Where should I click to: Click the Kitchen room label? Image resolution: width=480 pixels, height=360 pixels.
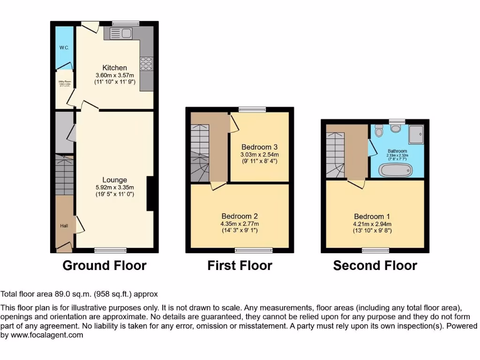click(114, 68)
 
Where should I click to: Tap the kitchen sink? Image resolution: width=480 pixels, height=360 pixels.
click(121, 33)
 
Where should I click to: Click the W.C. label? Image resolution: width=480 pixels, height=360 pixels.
click(64, 48)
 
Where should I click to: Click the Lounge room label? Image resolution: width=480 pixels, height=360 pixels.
click(114, 180)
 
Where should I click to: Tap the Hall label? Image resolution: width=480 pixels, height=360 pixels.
click(64, 226)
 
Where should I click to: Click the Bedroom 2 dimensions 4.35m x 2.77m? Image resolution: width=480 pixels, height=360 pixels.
click(240, 224)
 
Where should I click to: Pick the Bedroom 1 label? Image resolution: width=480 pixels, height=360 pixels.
click(372, 217)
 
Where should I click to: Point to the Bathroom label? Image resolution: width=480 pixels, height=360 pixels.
click(397, 151)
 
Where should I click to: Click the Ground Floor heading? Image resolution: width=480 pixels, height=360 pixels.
click(105, 266)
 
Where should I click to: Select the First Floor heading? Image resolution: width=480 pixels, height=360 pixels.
click(240, 266)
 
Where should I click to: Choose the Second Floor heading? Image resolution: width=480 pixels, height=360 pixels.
click(375, 266)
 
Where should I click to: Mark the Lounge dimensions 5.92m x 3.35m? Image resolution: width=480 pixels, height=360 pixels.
click(114, 187)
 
